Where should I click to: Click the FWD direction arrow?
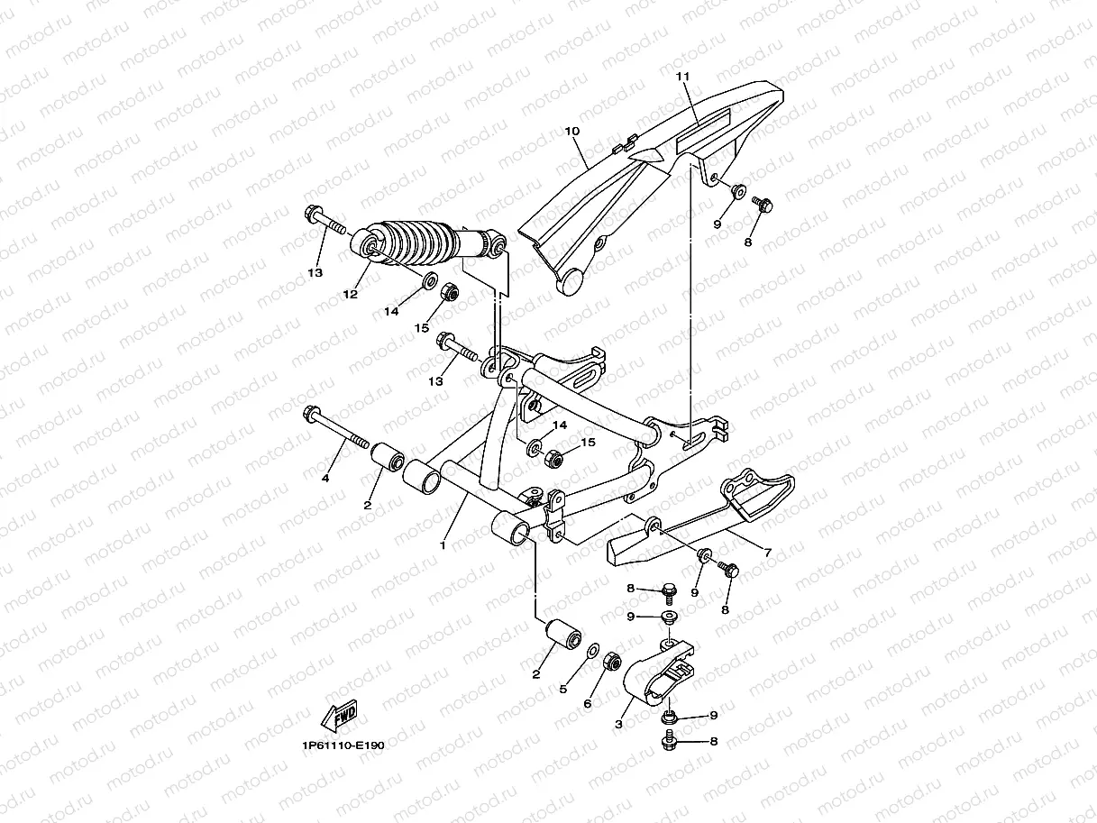339,718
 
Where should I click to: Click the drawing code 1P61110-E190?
343,745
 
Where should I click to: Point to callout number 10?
571,132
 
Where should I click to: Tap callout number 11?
682,78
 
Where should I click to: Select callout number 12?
350,294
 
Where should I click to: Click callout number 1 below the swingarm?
443,545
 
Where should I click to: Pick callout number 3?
619,724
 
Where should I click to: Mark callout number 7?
767,553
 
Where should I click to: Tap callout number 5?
563,689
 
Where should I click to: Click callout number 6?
587,703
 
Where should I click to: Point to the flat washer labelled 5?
592,651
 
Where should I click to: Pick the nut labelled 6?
609,661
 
